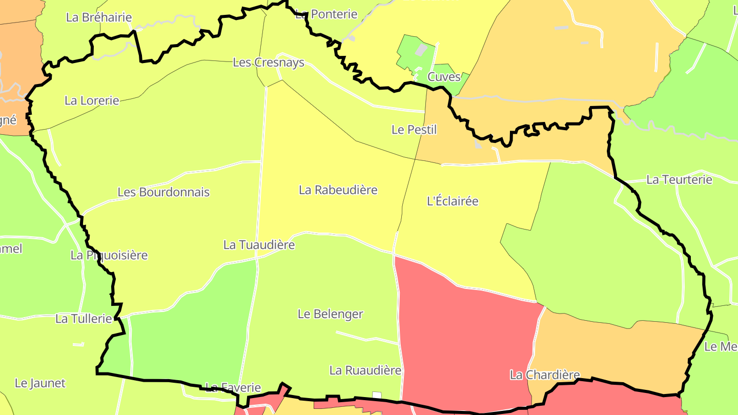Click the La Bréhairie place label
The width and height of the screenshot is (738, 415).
[99, 17]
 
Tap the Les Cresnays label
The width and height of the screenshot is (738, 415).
[269, 63]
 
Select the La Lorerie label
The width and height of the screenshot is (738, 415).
[92, 100]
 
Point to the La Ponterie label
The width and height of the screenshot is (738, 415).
[326, 14]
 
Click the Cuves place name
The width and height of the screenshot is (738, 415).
[444, 77]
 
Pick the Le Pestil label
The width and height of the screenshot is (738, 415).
[414, 130]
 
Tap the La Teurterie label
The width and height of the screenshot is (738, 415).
[679, 180]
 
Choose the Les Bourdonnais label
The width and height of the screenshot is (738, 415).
[163, 192]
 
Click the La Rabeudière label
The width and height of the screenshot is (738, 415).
[338, 190]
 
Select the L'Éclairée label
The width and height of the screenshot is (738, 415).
[453, 201]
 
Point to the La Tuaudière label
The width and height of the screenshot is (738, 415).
[259, 245]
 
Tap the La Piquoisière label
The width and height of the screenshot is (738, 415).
[109, 255]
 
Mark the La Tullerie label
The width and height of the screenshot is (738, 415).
[84, 319]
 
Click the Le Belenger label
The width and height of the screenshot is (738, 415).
[331, 314]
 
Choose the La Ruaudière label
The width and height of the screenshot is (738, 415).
[365, 370]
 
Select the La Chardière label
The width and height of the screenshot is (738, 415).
[544, 375]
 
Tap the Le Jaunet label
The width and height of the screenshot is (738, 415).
[40, 383]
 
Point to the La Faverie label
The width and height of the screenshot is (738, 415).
[233, 387]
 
